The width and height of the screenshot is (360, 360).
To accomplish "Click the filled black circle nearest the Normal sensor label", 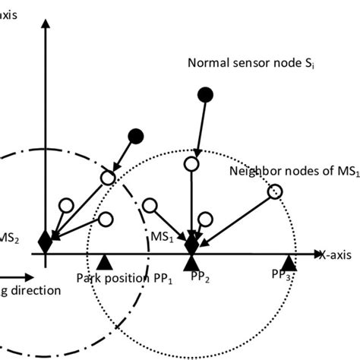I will pyautogui.click(x=204, y=94).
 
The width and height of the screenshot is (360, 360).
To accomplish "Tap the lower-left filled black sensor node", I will pyautogui.click(x=136, y=135).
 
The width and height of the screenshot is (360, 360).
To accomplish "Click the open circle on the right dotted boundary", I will pyautogui.click(x=276, y=191).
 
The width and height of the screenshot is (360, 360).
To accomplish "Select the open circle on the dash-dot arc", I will pyautogui.click(x=108, y=177).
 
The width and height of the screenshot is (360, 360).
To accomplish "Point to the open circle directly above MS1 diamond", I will pyautogui.click(x=191, y=163).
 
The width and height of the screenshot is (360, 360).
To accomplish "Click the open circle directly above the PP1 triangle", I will pyautogui.click(x=106, y=219).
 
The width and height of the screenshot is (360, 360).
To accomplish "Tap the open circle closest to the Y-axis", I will pyautogui.click(x=66, y=204).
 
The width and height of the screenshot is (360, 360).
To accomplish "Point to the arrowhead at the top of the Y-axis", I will pyautogui.click(x=46, y=24).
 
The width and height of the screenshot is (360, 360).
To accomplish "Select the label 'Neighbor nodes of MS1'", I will pyautogui.click(x=293, y=171).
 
